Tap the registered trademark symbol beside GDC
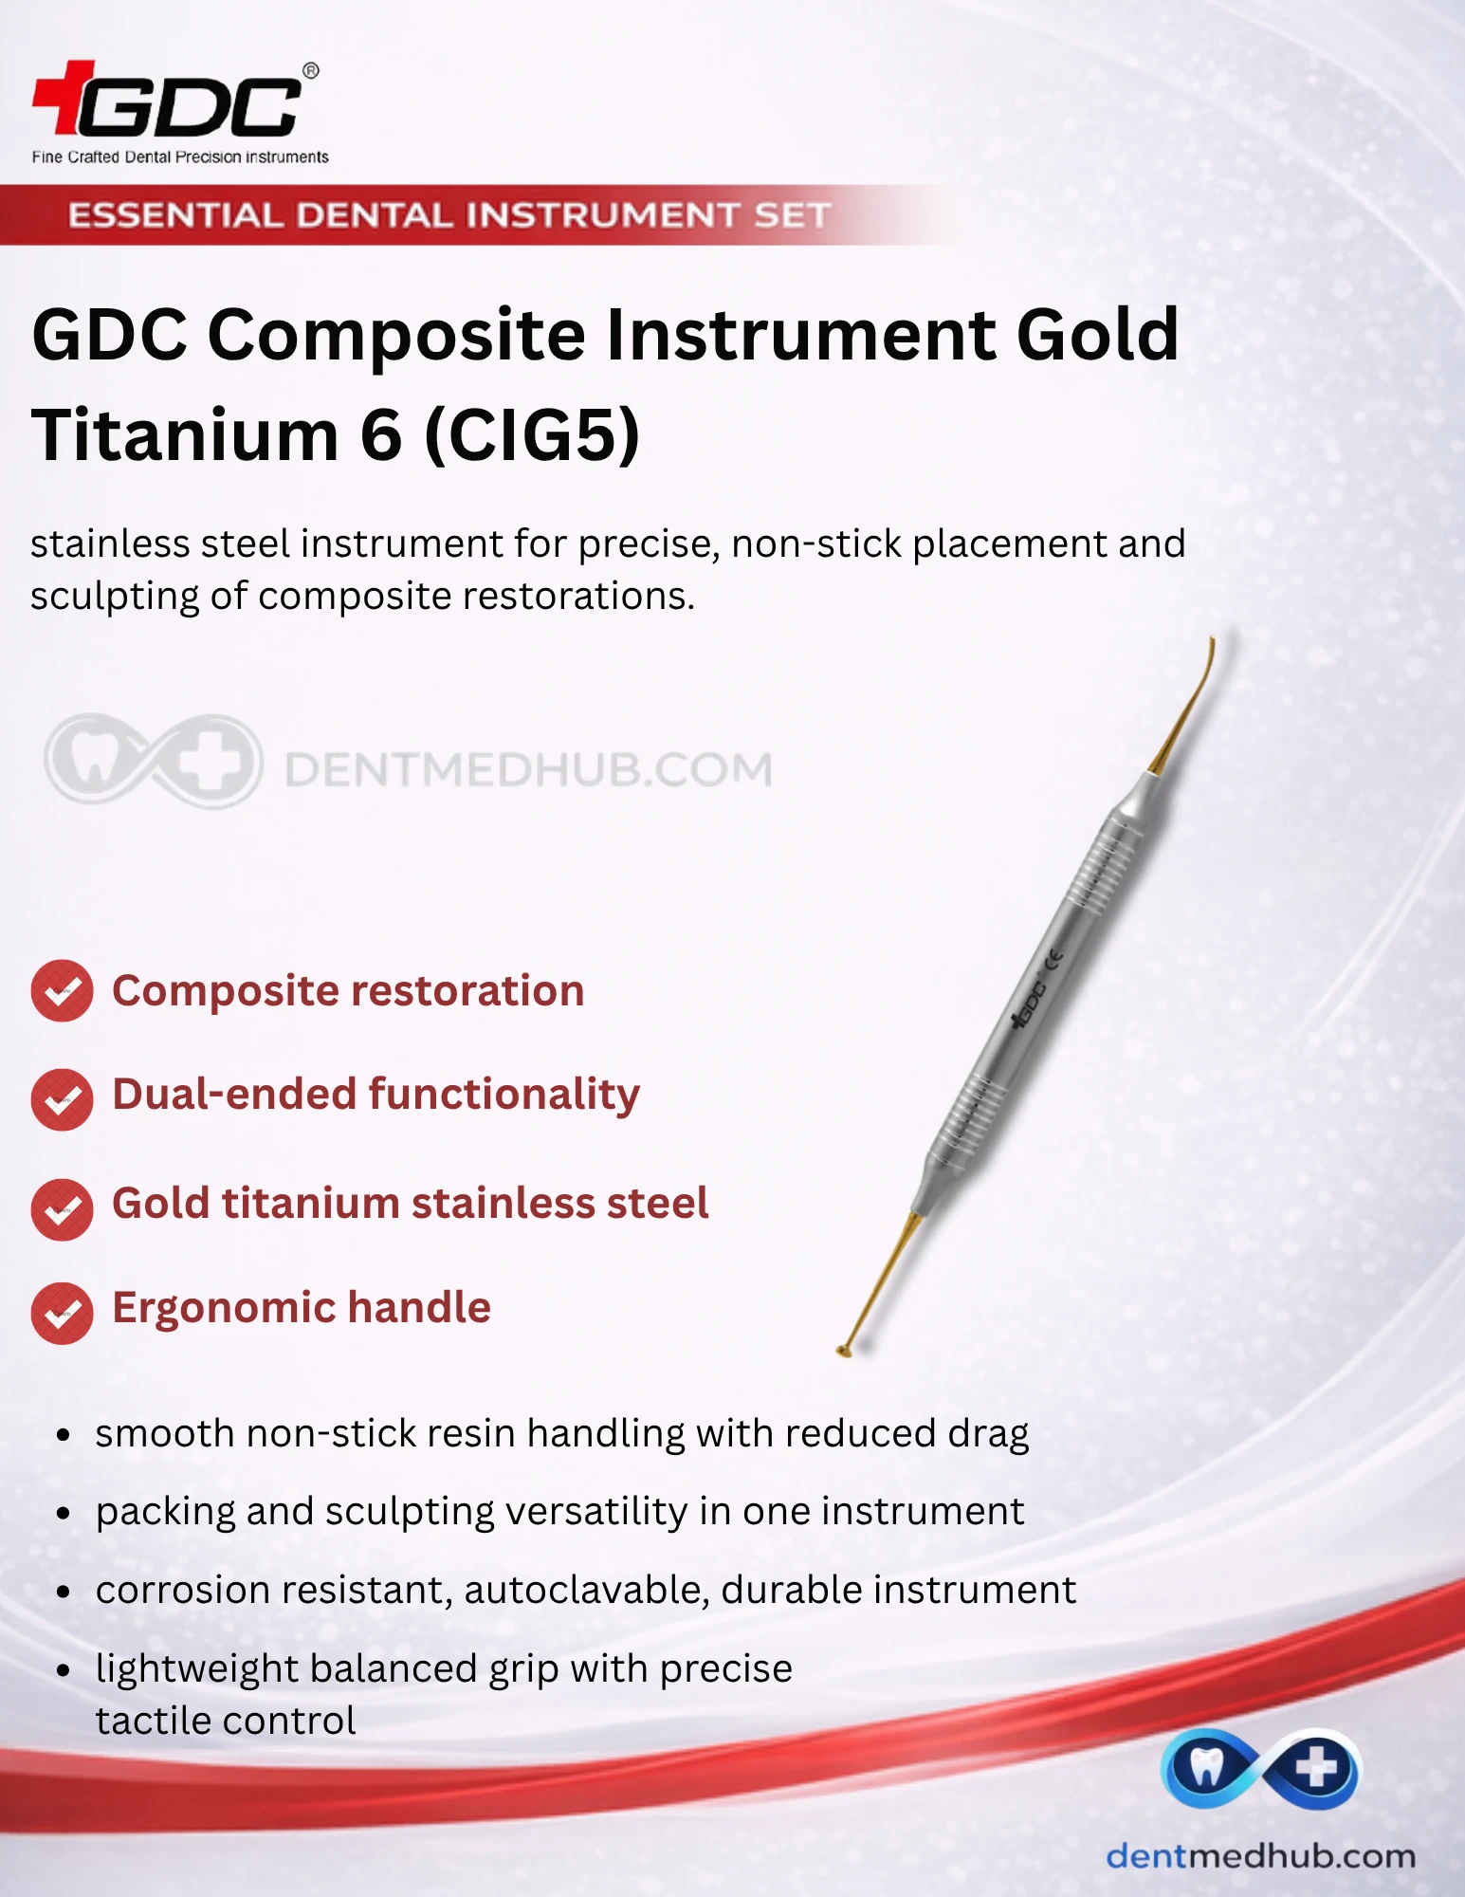(310, 71)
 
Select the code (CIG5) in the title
(532, 435)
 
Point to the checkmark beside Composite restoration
(62, 991)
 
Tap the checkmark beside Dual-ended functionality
(62, 1099)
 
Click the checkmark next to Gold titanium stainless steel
(62, 1208)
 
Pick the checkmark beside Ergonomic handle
(62, 1313)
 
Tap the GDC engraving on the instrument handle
(1028, 1004)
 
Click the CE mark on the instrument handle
(1053, 960)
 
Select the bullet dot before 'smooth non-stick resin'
(64, 1435)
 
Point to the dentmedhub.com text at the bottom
(1261, 1855)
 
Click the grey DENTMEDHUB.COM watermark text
(529, 769)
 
